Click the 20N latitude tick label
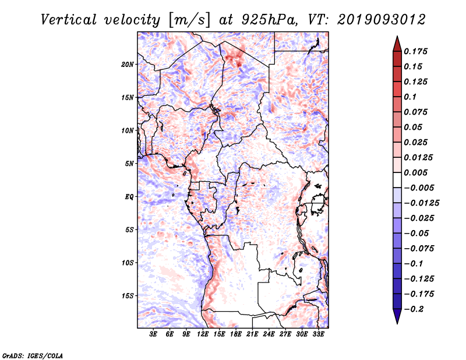(127, 65)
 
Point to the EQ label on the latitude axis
(129, 197)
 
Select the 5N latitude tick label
(129, 164)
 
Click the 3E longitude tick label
(153, 334)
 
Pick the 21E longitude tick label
(252, 334)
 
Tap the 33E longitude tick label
(318, 334)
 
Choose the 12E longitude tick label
(203, 334)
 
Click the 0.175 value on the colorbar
(415, 51)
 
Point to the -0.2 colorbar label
(414, 309)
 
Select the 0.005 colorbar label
(415, 172)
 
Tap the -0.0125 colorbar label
(421, 203)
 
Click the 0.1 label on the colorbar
(410, 97)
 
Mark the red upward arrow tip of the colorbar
(397, 37)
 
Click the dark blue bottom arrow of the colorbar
(397, 316)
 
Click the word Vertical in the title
(69, 20)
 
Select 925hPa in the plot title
(269, 20)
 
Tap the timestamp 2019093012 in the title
(382, 20)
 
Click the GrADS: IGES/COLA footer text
(33, 356)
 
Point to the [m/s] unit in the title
(189, 20)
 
